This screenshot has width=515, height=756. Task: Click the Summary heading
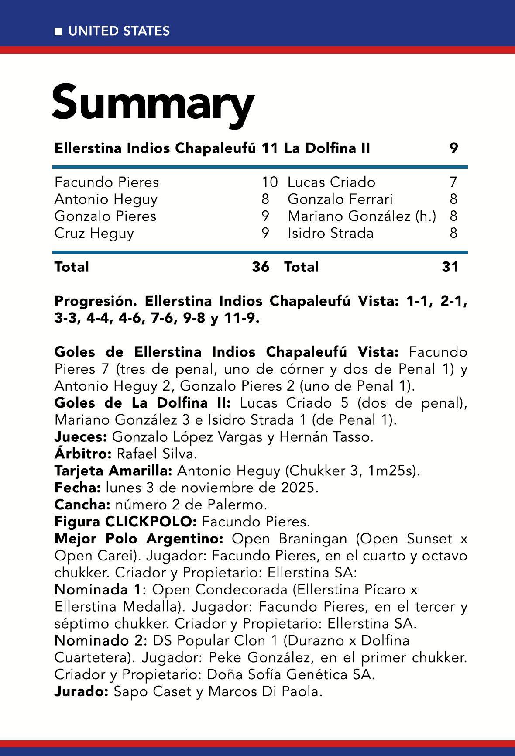(153, 103)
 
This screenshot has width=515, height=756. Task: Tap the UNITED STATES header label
(119, 31)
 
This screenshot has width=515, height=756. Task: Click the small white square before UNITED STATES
(58, 31)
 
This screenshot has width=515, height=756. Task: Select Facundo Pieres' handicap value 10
(269, 182)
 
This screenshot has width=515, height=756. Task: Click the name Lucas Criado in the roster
(331, 182)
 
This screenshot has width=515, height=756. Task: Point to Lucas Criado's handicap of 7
(453, 182)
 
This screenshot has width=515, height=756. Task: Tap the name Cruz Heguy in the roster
(94, 233)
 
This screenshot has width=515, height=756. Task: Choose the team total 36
(261, 267)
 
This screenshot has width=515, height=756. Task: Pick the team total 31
(450, 267)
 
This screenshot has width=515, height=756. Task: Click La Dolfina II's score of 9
(454, 148)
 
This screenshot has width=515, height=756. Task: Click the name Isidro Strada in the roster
(330, 233)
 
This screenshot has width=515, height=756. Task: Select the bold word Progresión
(96, 301)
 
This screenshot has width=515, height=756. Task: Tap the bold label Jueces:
(80, 437)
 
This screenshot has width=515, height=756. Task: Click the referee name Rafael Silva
(157, 454)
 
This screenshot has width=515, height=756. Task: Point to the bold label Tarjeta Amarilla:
(114, 471)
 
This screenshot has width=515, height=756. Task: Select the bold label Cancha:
(82, 505)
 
